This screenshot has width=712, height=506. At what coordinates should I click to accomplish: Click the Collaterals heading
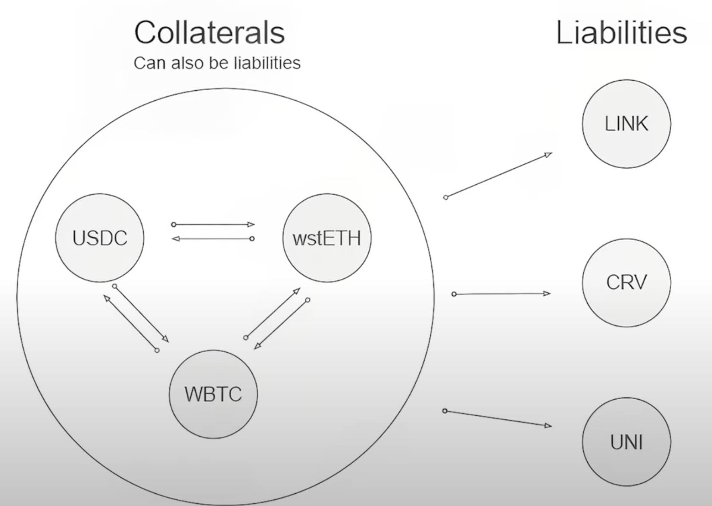coord(209,33)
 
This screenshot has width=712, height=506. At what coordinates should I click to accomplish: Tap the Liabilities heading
coord(621,33)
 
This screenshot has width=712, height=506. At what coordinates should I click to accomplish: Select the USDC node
coord(100,238)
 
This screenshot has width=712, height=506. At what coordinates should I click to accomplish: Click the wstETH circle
coord(327,238)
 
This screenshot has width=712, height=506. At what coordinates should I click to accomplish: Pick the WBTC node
coord(213,394)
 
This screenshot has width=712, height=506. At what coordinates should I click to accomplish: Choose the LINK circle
coord(626,124)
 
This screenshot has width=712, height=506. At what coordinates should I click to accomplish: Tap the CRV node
coord(626,282)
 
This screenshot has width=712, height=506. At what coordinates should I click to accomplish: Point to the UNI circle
coord(626,442)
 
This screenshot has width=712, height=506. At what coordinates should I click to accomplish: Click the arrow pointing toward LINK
coord(499,175)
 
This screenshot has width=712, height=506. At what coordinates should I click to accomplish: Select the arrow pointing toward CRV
coord(502,294)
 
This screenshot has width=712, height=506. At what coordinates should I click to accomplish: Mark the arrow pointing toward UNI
coord(498,418)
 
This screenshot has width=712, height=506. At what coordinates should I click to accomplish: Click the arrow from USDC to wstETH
coord(213,225)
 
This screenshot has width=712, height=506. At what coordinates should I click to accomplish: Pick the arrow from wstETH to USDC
coord(213,238)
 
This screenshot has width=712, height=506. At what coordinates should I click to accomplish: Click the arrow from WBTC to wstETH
coord(273,313)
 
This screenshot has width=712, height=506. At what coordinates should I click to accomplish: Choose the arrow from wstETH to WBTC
coord(281,324)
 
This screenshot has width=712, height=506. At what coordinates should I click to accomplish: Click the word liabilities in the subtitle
coord(267,63)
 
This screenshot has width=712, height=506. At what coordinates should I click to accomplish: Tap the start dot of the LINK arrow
coord(446,197)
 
